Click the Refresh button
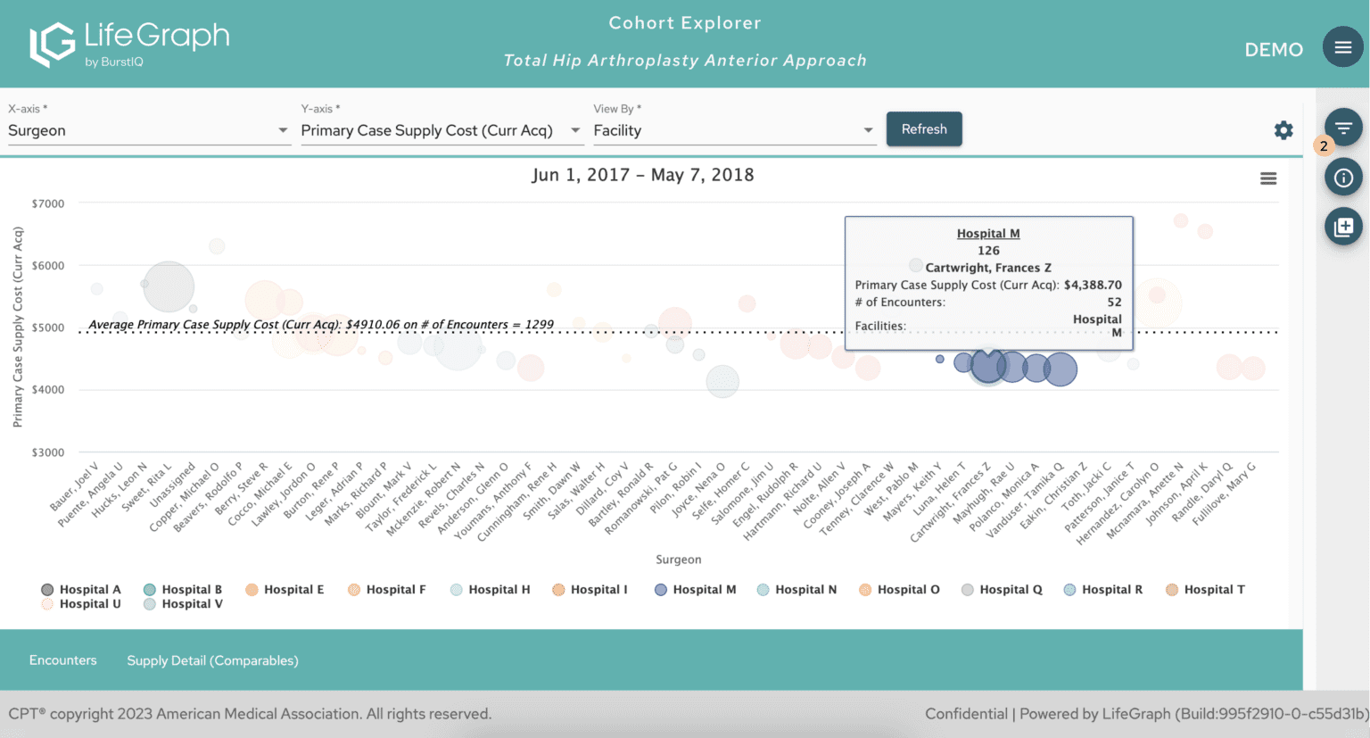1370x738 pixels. [924, 129]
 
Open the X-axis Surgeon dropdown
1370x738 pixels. [148, 130]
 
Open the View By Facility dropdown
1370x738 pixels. [733, 130]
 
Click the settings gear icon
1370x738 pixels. [1283, 130]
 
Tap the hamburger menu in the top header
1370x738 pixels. [1342, 47]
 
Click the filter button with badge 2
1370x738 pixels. [1342, 129]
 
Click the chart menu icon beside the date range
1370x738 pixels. [1267, 178]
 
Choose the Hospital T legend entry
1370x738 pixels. [1205, 590]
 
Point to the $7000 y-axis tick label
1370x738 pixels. [48, 203]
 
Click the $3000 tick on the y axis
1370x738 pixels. [48, 452]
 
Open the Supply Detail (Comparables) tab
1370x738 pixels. [212, 660]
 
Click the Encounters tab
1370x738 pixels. [62, 660]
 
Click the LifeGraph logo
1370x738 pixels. [129, 44]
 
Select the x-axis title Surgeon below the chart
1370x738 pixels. [678, 560]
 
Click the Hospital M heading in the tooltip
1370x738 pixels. [988, 234]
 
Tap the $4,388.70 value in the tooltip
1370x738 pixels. [1093, 285]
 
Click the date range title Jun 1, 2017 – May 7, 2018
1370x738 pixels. [642, 175]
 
